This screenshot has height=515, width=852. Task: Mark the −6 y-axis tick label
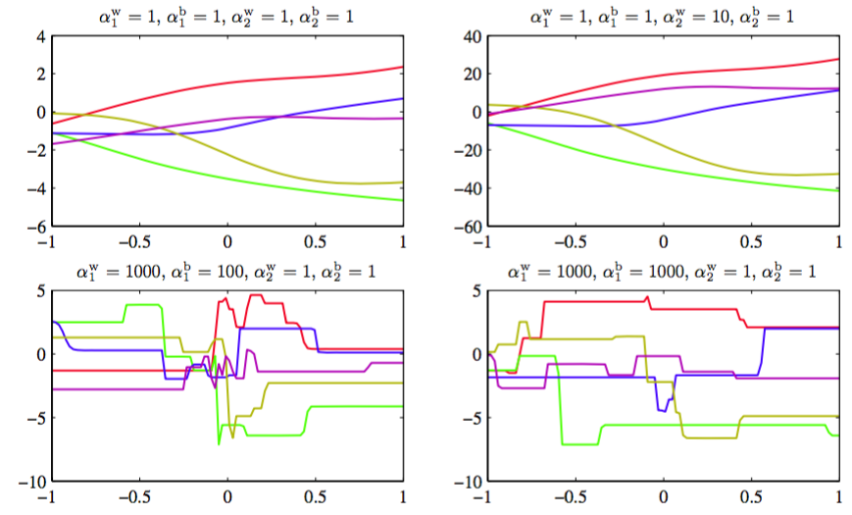(x=31, y=227)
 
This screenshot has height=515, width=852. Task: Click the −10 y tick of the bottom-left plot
(x=26, y=483)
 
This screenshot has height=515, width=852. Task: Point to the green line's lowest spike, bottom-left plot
(x=219, y=444)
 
